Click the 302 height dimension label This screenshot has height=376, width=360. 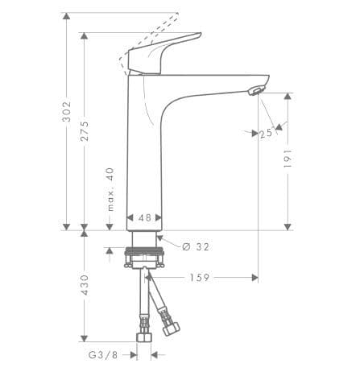tap(66, 111)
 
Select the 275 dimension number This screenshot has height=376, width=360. tap(85, 131)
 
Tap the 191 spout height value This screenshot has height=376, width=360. tap(288, 159)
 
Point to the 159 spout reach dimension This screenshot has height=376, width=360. tap(200, 278)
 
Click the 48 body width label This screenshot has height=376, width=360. tap(145, 217)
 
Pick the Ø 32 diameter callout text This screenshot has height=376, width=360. tap(196, 246)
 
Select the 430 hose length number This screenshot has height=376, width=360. tap(85, 285)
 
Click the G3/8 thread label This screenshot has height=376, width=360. tap(103, 355)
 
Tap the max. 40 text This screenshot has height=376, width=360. tap(110, 189)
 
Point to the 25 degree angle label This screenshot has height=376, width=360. tap(266, 134)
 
